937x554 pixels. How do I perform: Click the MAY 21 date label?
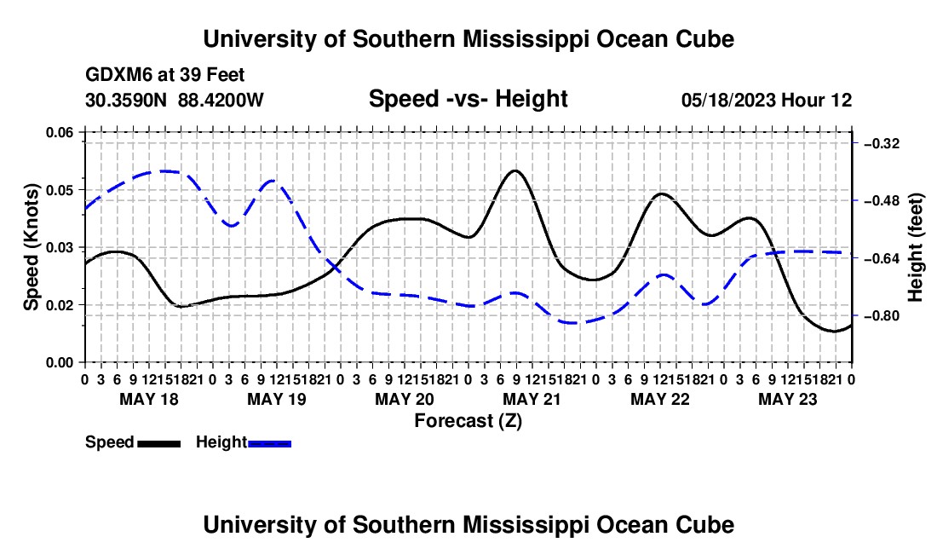pos(532,399)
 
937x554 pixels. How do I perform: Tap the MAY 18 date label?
pos(149,399)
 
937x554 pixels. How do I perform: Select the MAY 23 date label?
pos(788,399)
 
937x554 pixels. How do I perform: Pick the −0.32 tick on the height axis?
pos(882,143)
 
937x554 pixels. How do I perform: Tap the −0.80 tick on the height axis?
pos(882,315)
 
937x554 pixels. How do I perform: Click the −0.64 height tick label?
pos(882,258)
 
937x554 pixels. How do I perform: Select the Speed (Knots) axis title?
pos(32,247)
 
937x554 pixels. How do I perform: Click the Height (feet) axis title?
pos(916,247)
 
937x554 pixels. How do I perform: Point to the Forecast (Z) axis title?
pos(468,421)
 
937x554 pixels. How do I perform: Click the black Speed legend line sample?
pos(159,444)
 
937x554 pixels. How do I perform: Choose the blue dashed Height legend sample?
pos(269,444)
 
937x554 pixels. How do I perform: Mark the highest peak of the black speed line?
pos(514,171)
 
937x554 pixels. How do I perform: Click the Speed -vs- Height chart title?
pos(468,99)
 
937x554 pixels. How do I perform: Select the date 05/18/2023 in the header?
pos(728,100)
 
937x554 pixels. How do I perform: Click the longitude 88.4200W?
pos(221,100)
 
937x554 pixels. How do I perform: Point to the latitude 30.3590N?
pos(126,100)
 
